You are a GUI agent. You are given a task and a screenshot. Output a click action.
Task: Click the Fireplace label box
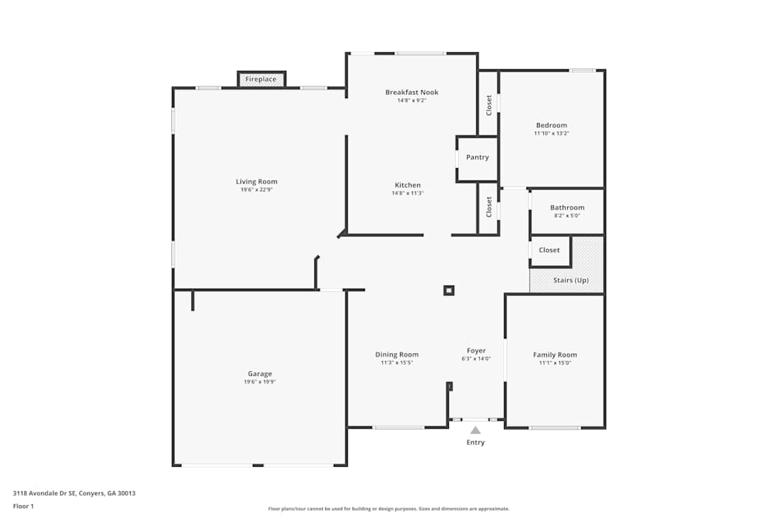tap(261, 79)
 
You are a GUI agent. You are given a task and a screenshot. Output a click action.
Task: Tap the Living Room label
tap(257, 182)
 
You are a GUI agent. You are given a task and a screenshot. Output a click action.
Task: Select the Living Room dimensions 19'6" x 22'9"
tap(257, 190)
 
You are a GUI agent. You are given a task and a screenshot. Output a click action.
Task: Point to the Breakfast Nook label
tap(412, 93)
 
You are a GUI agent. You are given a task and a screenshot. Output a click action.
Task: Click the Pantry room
tap(477, 158)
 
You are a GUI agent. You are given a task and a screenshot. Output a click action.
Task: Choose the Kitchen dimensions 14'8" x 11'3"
tap(408, 193)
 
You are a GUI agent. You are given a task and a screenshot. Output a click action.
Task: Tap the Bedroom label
tap(552, 125)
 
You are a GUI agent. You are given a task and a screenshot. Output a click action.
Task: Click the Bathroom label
tap(567, 208)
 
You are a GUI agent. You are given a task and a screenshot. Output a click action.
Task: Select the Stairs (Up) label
tap(570, 280)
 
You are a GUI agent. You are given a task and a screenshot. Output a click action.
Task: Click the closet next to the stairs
tap(549, 251)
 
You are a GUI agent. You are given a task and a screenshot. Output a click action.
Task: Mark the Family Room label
tap(555, 355)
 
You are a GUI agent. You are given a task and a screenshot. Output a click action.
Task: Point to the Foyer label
tap(476, 351)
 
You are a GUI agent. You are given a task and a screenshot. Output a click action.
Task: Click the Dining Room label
tap(397, 355)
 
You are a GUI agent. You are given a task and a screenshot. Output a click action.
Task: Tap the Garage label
tap(260, 374)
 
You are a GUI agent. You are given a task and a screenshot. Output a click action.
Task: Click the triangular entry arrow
tap(475, 430)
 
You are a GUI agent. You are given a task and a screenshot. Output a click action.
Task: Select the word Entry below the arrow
tap(475, 443)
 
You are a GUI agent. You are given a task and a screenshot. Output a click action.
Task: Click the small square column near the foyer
tap(448, 291)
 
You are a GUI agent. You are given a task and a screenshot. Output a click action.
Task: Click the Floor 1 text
tap(23, 507)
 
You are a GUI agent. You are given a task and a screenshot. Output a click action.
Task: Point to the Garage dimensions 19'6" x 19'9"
tap(260, 382)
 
